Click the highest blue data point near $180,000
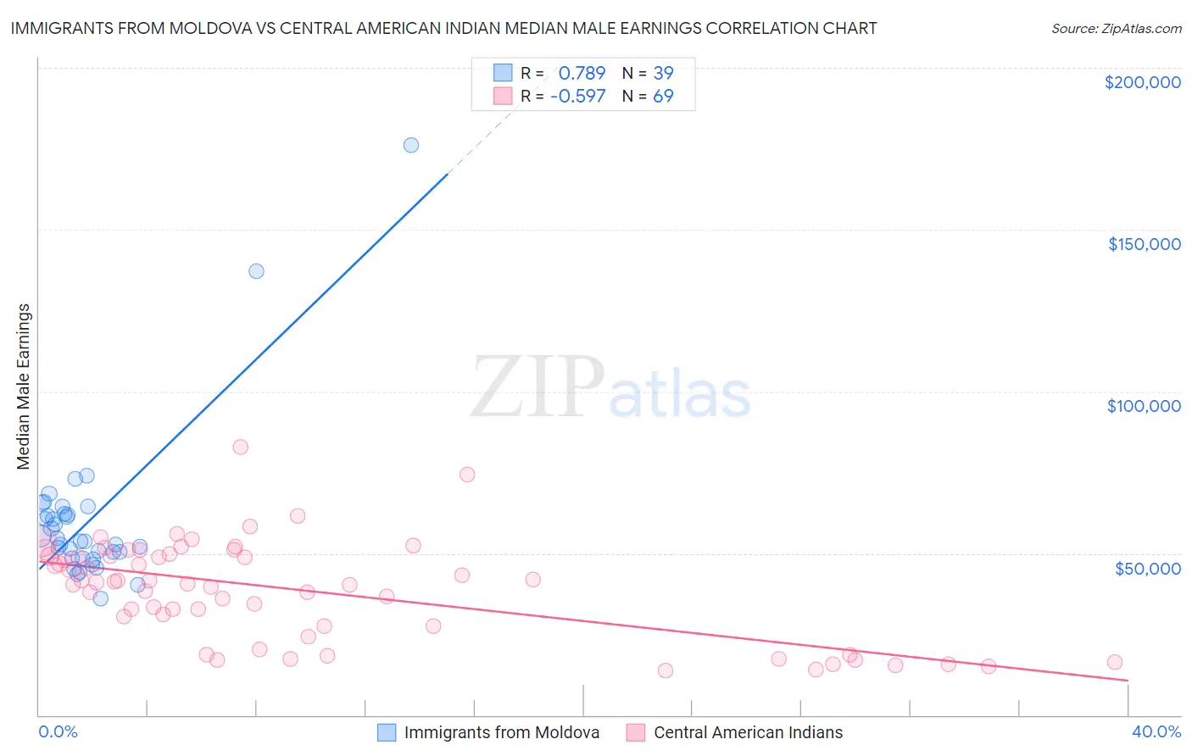coord(411,145)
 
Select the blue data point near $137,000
coord(256,271)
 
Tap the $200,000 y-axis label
coord(1142,82)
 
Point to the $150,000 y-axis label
coord(1144,244)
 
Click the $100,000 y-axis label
coord(1144,406)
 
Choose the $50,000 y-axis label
coord(1147,568)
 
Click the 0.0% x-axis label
coord(58,731)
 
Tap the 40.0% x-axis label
coord(1156,731)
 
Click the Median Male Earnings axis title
coord(24,386)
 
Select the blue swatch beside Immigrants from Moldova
coord(387,732)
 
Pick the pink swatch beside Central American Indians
coord(636,732)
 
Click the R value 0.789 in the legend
coord(582,74)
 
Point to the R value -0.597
coord(577,97)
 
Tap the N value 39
coord(663,74)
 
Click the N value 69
coord(663,97)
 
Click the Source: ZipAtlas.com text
coord(1116,29)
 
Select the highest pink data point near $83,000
coord(241,447)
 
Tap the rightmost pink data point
coord(1115,662)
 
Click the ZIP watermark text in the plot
coord(538,387)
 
